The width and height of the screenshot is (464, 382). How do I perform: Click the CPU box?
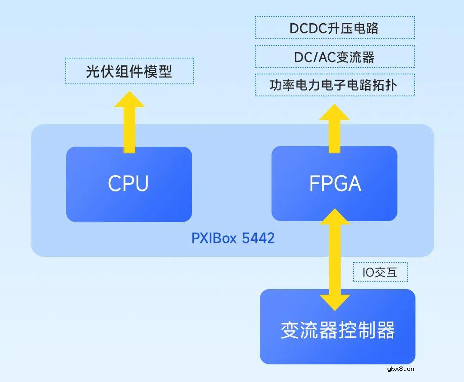pyautogui.click(x=128, y=184)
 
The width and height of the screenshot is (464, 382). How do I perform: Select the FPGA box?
pyautogui.click(x=335, y=184)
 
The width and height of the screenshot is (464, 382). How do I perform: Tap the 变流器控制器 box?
pyautogui.click(x=337, y=330)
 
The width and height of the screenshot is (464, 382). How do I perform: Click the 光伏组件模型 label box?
pyautogui.click(x=129, y=71)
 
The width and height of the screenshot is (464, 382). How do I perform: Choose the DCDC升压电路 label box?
pyautogui.click(x=334, y=28)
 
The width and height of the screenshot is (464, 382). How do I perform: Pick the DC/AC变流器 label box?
pyautogui.click(x=334, y=57)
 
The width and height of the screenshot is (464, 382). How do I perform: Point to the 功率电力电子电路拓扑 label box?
pyautogui.click(x=334, y=85)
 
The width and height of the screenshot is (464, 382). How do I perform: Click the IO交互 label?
pyautogui.click(x=380, y=272)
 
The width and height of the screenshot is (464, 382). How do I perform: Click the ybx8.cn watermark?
pyautogui.click(x=400, y=369)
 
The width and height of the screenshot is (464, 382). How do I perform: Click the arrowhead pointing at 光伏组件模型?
pyautogui.click(x=129, y=100)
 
